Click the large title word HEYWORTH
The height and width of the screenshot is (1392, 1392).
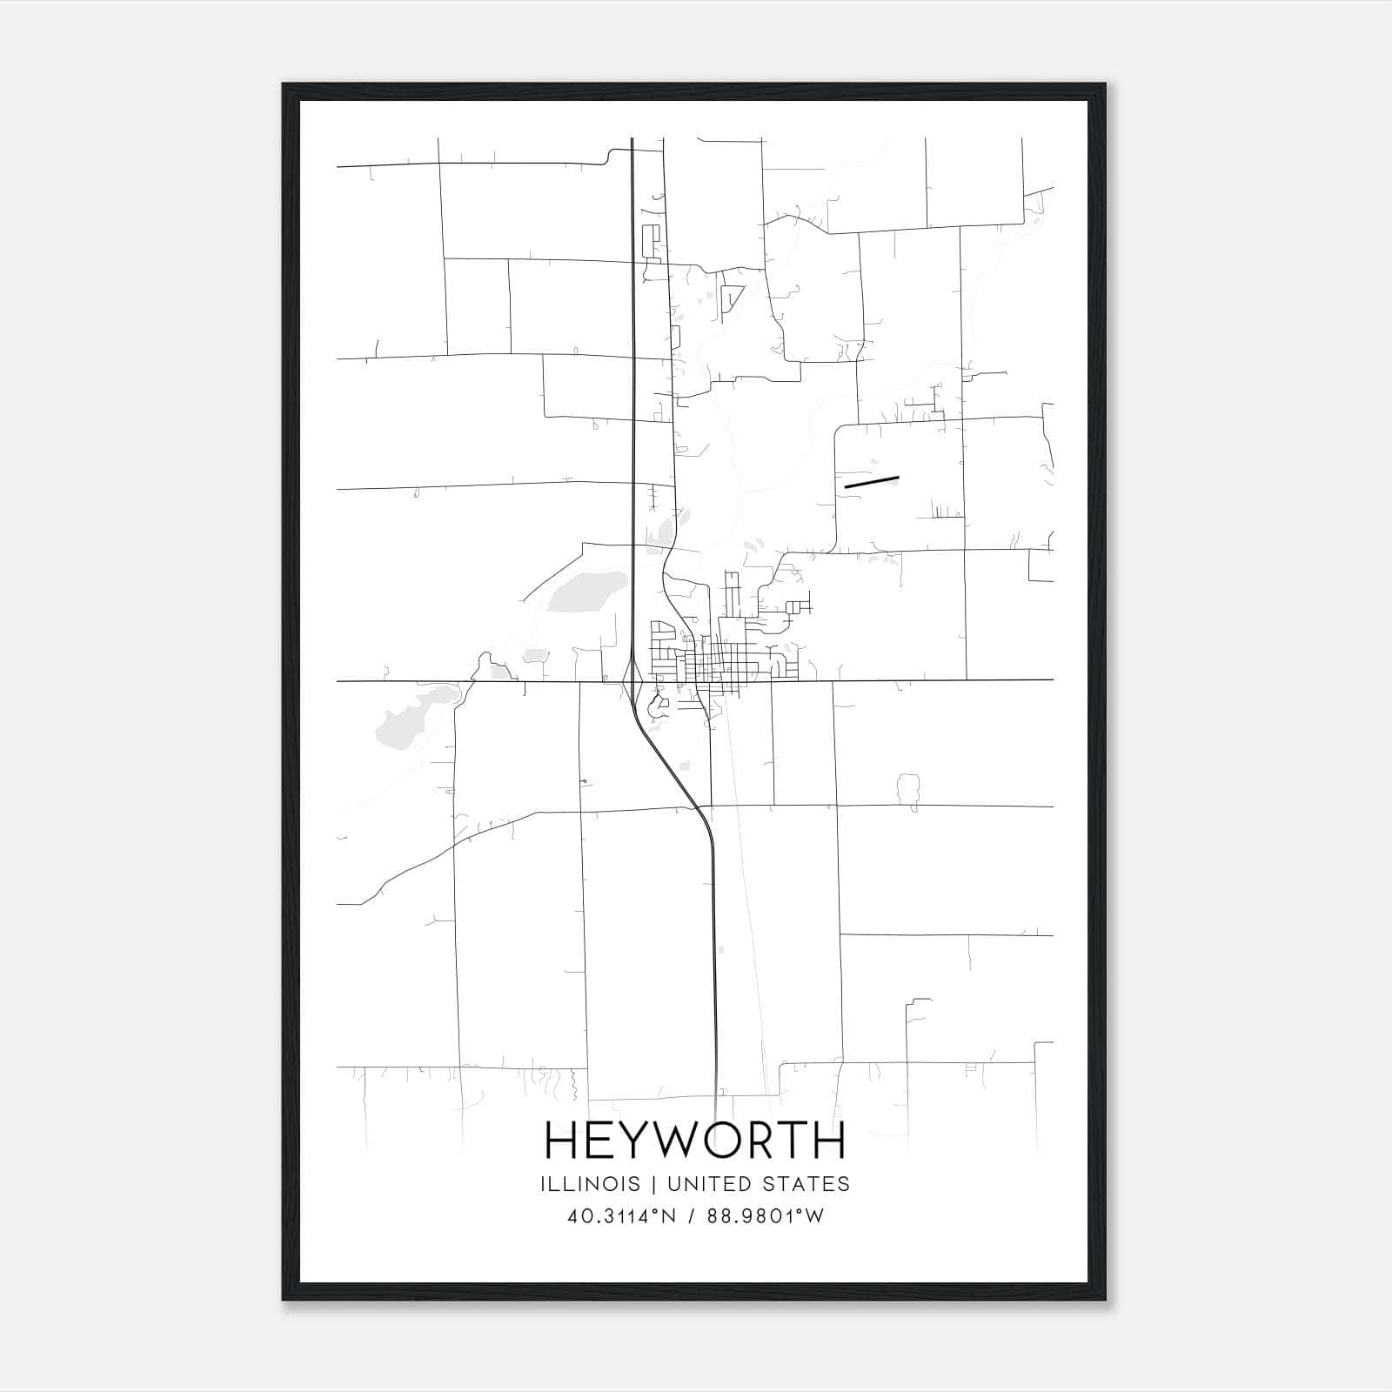point(695,1141)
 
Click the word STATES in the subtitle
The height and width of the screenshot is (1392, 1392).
point(806,1184)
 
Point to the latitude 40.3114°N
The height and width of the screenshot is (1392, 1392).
point(621,1216)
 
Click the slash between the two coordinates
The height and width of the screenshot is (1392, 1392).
point(693,1216)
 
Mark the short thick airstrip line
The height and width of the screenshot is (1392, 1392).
point(871,481)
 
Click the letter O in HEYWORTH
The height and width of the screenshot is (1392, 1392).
point(728,1141)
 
